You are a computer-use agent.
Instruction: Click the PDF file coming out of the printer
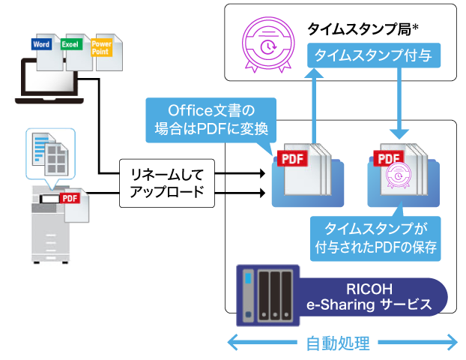(75, 203)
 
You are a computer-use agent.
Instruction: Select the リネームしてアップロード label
(167, 183)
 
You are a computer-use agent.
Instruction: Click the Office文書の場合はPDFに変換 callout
(212, 120)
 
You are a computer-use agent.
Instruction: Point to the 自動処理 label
(338, 344)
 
